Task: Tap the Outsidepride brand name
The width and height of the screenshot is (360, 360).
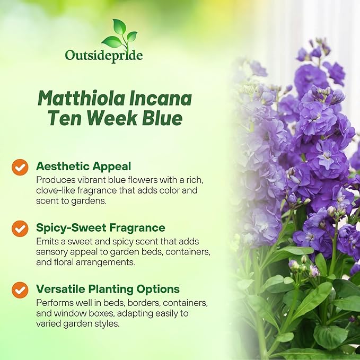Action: pos(103,55)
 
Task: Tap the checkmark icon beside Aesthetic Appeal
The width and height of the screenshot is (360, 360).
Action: pos(20,167)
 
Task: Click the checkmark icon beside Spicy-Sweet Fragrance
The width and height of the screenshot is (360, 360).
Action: pos(20,229)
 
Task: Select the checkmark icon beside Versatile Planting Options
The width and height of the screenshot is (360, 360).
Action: pos(20,289)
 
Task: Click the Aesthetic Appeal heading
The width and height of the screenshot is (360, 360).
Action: pos(83,166)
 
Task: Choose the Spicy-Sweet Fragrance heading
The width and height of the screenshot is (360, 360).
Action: pos(101,227)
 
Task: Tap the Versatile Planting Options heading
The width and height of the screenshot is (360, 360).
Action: pos(108,289)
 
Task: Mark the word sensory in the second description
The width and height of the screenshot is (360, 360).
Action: pos(51,251)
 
